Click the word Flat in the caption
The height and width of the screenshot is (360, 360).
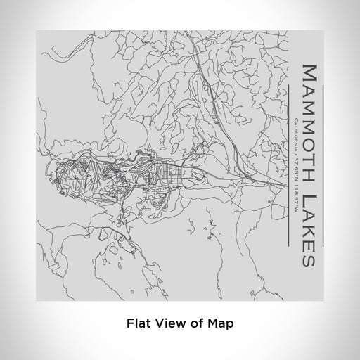click(x=137, y=323)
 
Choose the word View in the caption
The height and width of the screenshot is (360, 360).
click(x=167, y=323)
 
